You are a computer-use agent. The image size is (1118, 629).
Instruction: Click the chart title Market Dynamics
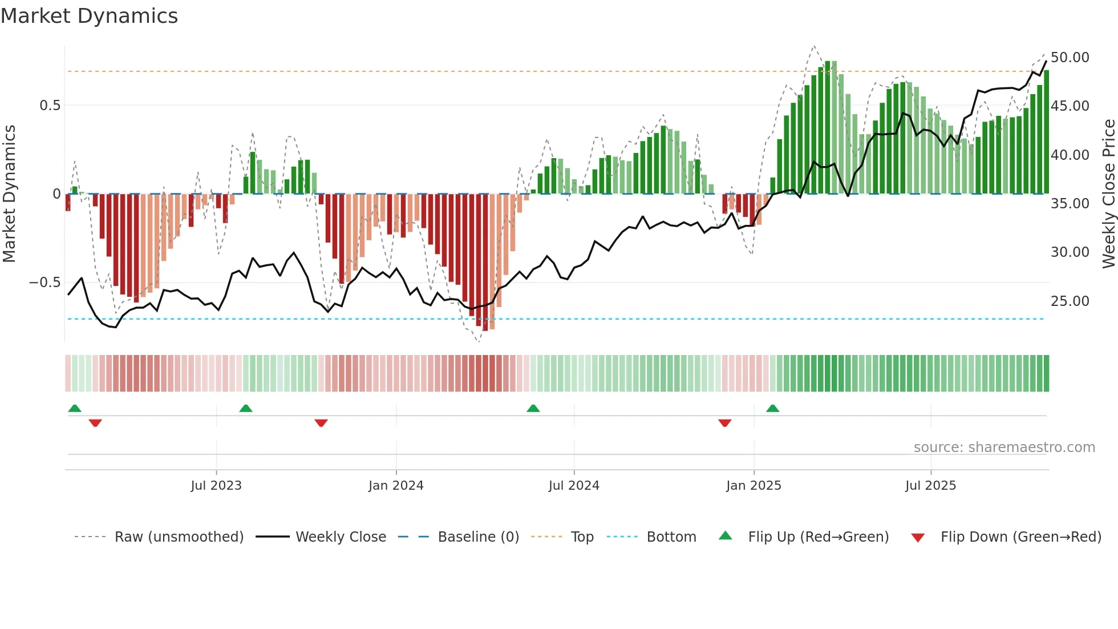tap(90, 16)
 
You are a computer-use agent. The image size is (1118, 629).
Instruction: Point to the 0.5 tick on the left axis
tap(50, 106)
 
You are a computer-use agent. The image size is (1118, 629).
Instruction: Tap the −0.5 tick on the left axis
tap(45, 283)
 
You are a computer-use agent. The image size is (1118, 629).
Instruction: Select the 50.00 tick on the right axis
tap(1070, 58)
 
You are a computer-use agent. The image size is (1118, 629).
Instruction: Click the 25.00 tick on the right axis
tap(1070, 301)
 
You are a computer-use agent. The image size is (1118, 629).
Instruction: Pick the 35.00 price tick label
tap(1070, 204)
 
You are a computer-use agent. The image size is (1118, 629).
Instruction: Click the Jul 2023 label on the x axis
tap(216, 486)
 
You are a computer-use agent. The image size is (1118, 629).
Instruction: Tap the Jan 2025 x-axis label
tap(754, 486)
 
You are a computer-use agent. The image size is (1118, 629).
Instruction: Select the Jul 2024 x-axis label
tap(574, 486)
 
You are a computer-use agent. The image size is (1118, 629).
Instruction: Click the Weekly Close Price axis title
tap(1108, 194)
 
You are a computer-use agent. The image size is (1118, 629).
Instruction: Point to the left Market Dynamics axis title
tap(9, 194)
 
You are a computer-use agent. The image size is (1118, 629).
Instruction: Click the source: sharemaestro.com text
tap(1004, 447)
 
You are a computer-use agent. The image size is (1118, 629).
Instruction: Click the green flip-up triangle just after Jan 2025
tap(772, 408)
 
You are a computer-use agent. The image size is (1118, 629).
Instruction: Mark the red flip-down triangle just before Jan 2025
tap(724, 423)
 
